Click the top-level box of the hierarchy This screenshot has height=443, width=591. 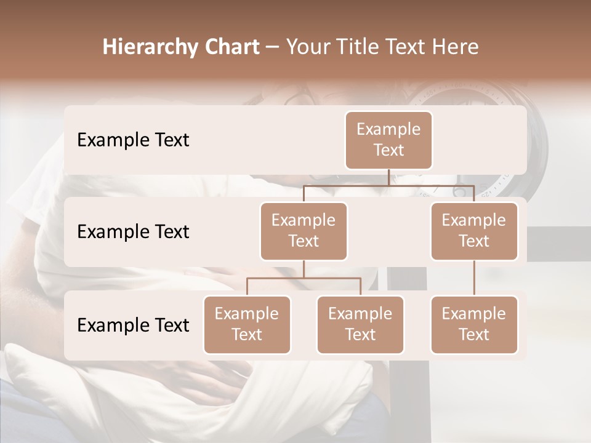[388, 140]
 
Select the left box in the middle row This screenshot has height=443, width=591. [304, 231]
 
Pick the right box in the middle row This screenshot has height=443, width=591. [474, 231]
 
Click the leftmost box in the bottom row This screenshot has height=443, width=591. [247, 324]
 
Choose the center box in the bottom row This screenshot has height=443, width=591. [360, 324]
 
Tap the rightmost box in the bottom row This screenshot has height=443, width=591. [474, 324]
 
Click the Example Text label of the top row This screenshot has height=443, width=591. [133, 140]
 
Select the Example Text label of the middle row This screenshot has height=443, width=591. [133, 231]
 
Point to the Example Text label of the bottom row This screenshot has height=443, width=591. [133, 325]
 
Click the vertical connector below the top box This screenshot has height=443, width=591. [388, 177]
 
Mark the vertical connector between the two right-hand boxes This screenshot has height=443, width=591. [474, 277]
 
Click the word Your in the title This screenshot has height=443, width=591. [307, 47]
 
